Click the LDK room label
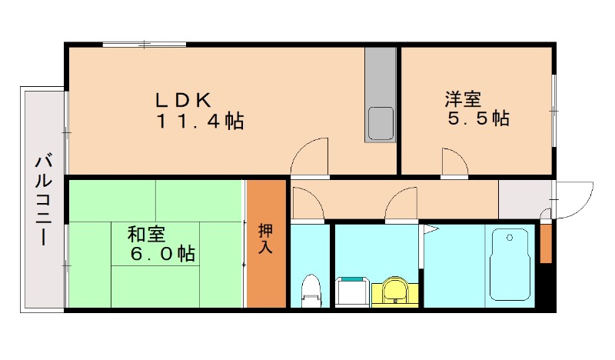tap(184, 100)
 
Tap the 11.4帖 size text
tap(201, 121)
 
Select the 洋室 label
tap(463, 99)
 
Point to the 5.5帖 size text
tap(478, 118)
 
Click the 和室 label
tap(146, 234)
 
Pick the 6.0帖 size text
tap(162, 254)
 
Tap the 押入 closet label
tap(265, 238)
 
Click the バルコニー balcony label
tap(44, 200)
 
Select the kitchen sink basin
tap(381, 123)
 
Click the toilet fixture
tap(311, 291)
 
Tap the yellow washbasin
tap(394, 292)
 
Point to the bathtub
tap(510, 265)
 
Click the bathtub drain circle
tap(510, 238)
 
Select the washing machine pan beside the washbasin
tap(352, 292)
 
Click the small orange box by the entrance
tap(546, 243)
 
